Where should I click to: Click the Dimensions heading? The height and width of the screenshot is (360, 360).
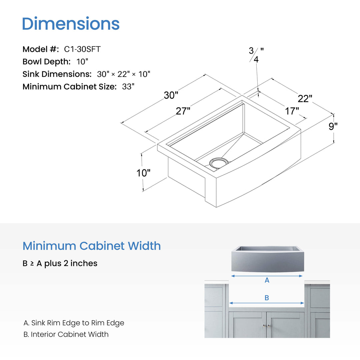point(71,24)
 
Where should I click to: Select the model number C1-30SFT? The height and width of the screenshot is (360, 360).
point(82,49)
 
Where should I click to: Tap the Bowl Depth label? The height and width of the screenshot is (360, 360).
point(47,62)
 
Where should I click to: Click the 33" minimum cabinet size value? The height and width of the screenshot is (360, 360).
point(128,87)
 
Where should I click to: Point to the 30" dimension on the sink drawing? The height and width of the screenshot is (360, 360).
point(171,95)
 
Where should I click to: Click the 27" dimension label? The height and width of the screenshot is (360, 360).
point(183,111)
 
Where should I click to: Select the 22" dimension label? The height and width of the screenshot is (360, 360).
point(305,99)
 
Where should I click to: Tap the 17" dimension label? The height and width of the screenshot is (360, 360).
point(292,111)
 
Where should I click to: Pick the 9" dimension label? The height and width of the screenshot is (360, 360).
point(333,126)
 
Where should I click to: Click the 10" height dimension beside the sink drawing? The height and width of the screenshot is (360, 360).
point(143,173)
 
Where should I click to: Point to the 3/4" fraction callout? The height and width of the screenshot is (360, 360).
point(256,55)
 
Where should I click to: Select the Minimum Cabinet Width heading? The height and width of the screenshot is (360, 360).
point(92,246)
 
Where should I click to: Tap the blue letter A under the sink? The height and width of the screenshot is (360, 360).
point(267,280)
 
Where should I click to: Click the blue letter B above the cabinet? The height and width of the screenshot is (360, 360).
point(267,298)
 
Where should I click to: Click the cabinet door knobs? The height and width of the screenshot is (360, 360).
point(266,326)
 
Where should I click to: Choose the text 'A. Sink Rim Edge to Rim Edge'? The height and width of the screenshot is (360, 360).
point(74,323)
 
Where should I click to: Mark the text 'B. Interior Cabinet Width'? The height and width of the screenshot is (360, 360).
point(66,334)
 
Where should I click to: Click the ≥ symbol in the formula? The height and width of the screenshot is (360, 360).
point(32,264)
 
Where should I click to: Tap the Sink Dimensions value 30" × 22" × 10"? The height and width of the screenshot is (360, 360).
point(124,74)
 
